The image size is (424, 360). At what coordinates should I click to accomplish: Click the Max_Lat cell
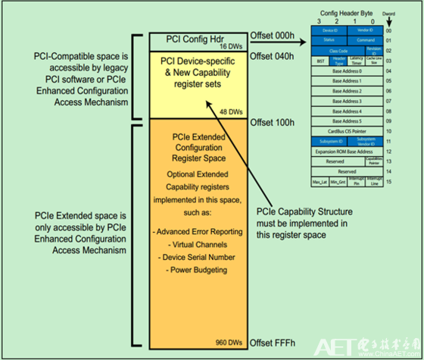(x=318, y=181)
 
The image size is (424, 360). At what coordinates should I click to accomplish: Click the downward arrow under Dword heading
(x=410, y=23)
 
